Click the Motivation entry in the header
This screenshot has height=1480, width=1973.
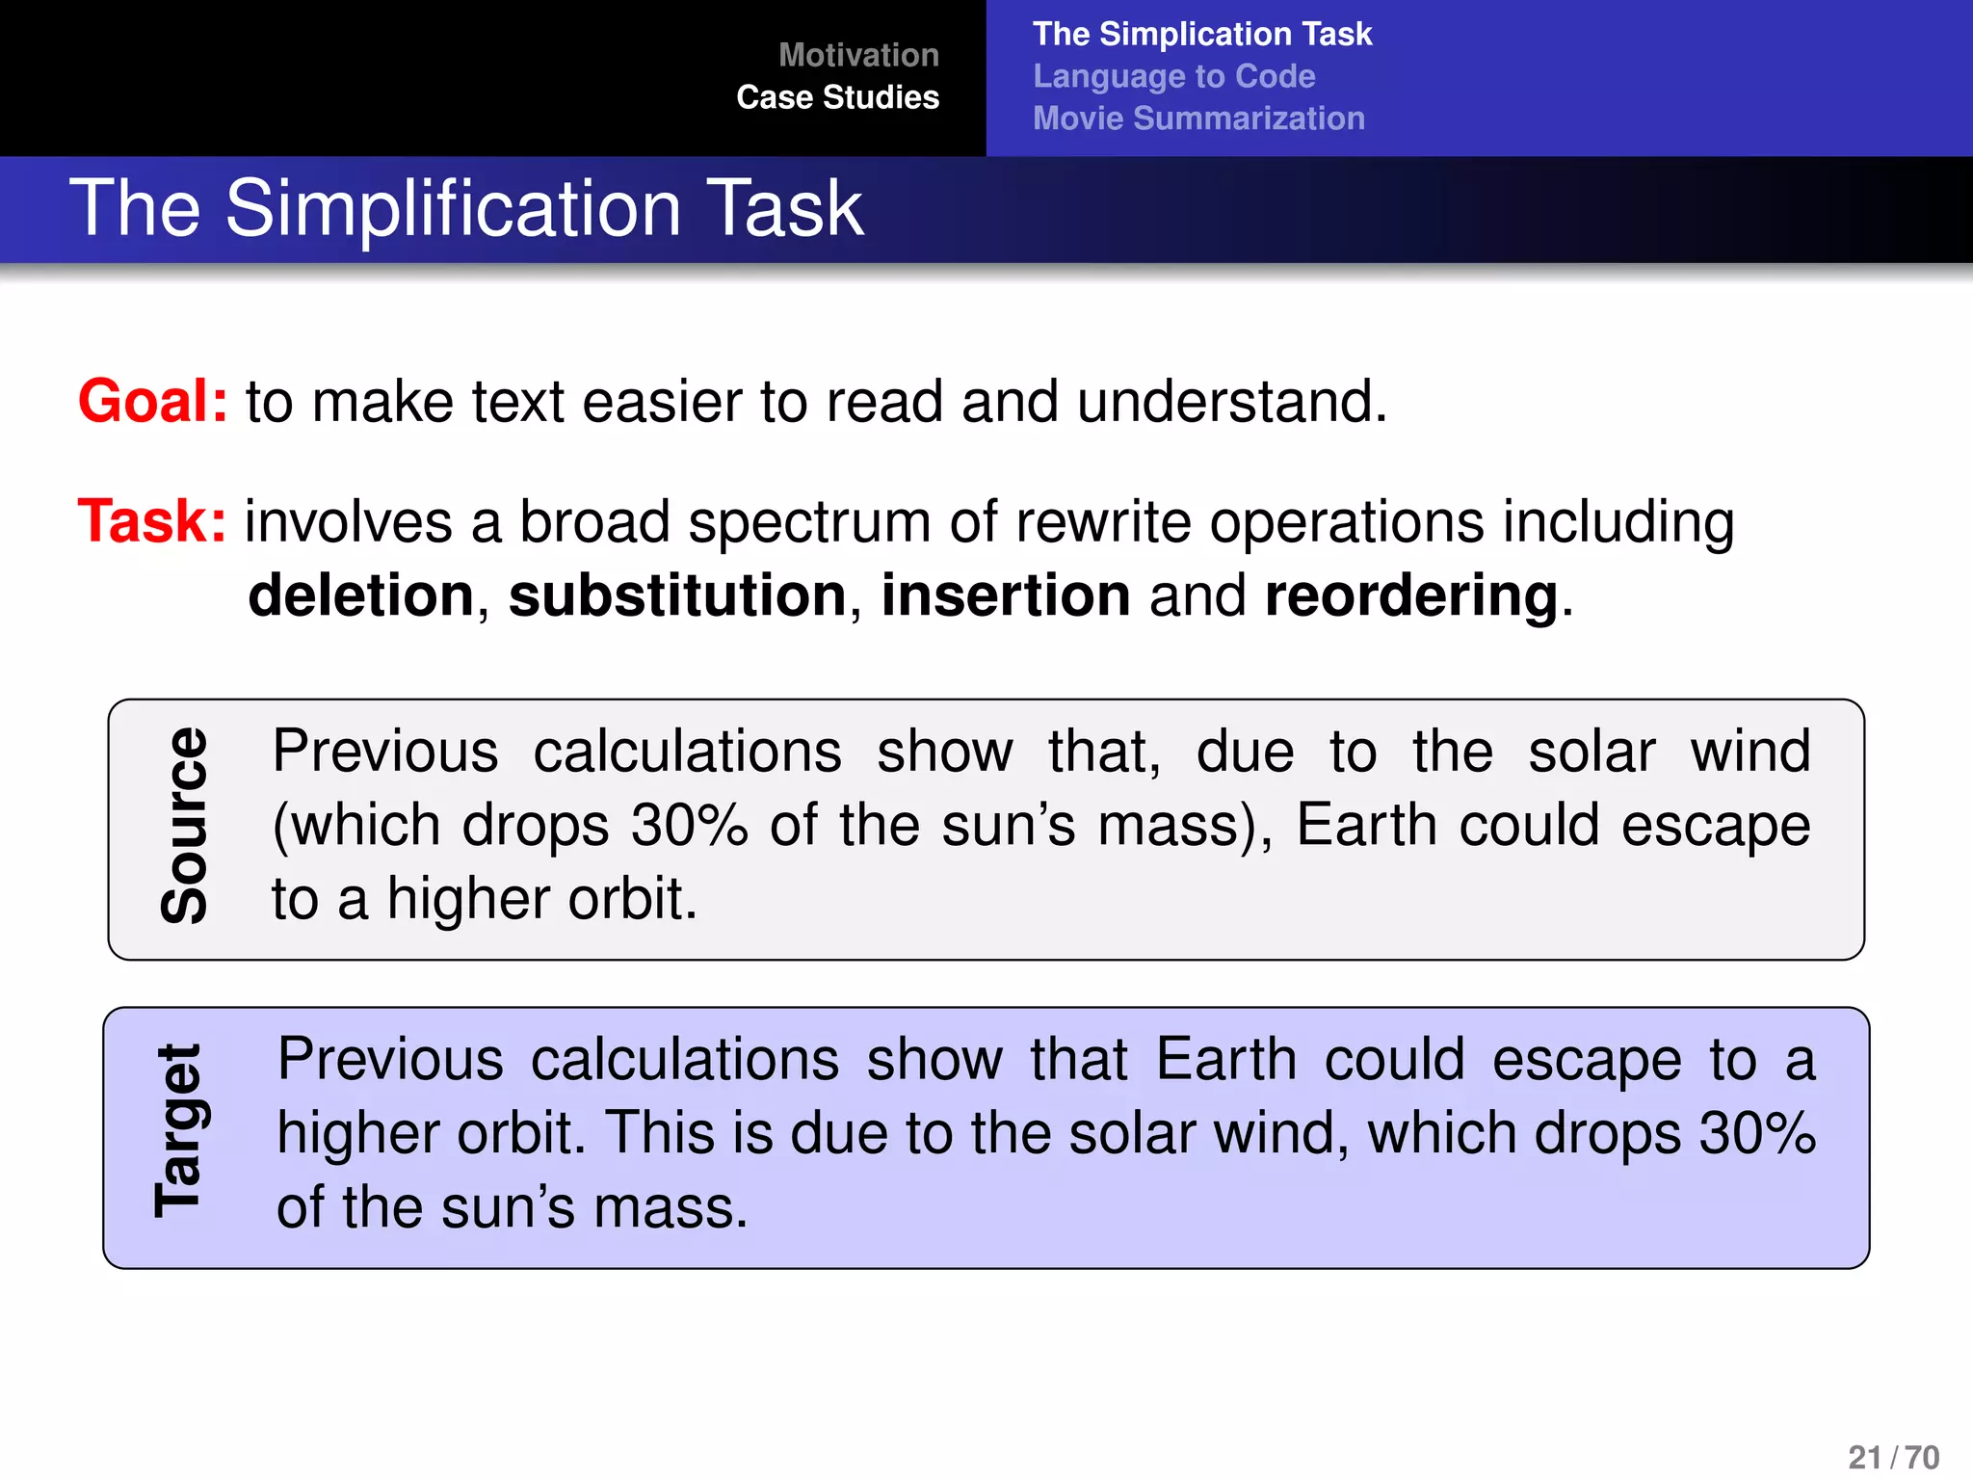point(857,55)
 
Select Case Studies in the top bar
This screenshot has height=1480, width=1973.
point(837,97)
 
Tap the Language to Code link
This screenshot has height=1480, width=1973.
point(1173,76)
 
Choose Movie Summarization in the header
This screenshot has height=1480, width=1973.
point(1198,119)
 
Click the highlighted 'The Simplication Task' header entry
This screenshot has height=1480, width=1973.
point(1201,34)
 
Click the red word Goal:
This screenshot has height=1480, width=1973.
point(152,401)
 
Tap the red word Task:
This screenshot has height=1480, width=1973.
point(151,521)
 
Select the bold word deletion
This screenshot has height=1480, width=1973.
point(360,595)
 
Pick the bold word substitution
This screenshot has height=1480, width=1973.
point(677,595)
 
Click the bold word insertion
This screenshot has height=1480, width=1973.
point(1005,595)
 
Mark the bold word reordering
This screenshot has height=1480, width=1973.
point(1410,595)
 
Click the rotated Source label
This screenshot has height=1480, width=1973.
point(183,826)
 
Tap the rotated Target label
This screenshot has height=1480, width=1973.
point(179,1131)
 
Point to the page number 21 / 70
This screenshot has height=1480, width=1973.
point(1893,1456)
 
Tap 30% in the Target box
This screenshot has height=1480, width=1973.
point(1757,1132)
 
